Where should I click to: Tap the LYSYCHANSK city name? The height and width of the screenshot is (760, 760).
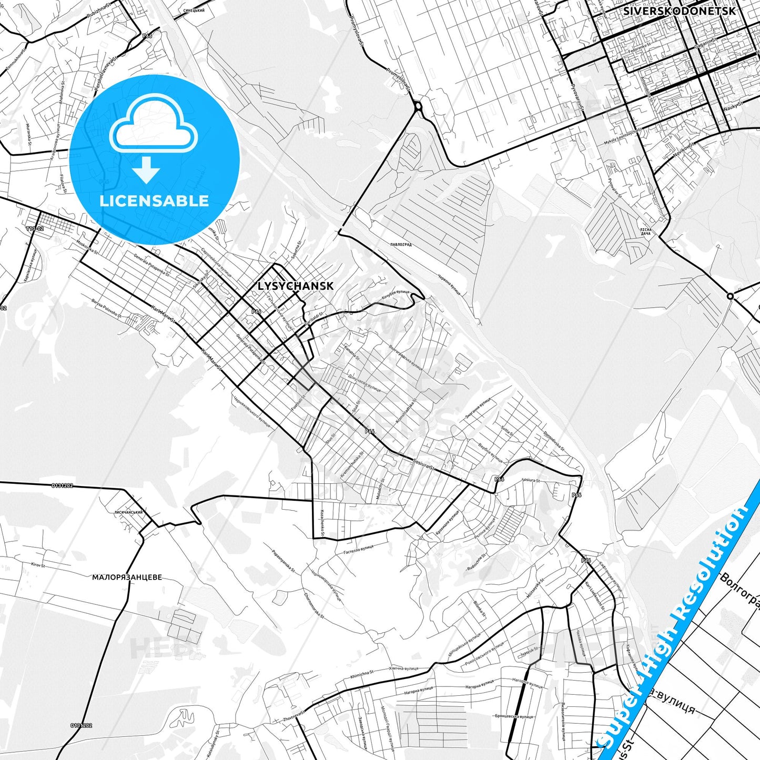[x=296, y=286]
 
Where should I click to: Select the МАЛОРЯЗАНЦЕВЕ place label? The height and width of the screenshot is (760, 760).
[x=127, y=577]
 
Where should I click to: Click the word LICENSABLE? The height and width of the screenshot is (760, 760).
[x=154, y=200]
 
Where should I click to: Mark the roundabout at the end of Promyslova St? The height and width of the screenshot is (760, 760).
[x=418, y=107]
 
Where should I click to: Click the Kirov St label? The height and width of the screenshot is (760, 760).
[x=38, y=565]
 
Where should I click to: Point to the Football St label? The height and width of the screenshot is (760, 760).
[x=298, y=402]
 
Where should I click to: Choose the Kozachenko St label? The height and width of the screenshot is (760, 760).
[x=322, y=523]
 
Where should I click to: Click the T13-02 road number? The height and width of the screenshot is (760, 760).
[x=35, y=229]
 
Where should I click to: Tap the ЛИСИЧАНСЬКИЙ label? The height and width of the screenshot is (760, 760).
[x=129, y=511]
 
